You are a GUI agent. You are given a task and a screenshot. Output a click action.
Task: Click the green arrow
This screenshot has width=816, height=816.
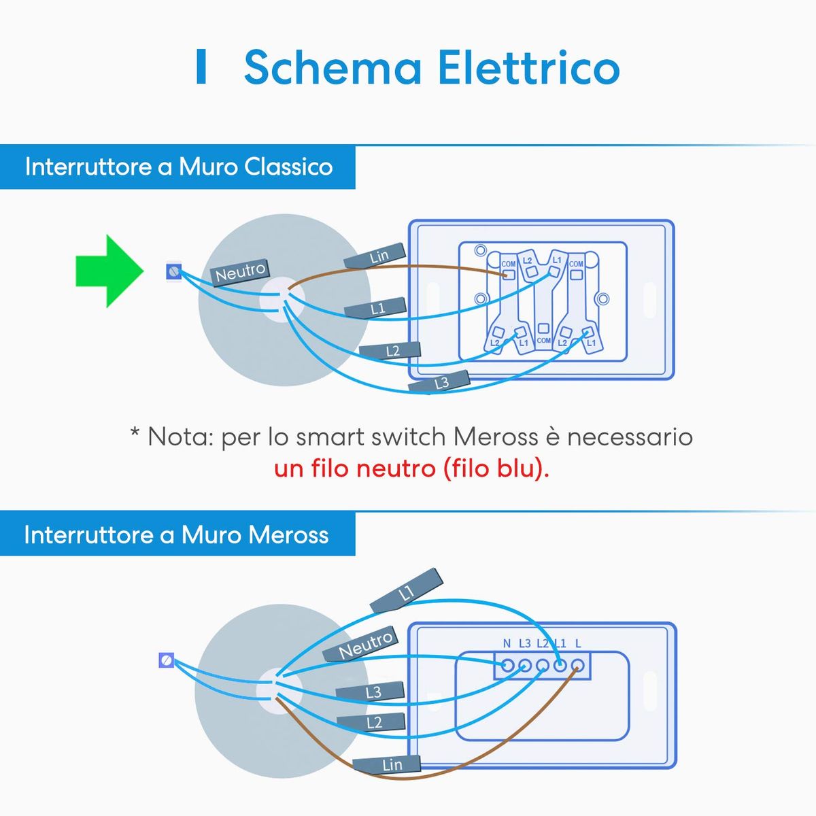109,271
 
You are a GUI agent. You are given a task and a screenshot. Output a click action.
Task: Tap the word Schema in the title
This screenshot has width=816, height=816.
333,68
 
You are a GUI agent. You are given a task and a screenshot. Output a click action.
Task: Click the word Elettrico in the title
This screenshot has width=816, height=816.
528,68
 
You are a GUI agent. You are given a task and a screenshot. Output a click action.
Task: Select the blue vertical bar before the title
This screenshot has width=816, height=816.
201,67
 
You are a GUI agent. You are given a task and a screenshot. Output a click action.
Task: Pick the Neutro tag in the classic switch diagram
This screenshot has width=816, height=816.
241,272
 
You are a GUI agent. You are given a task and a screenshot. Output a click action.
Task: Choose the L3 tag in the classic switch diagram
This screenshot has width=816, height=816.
441,383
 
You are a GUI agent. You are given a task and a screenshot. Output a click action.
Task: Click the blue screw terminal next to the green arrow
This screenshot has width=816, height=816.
175,272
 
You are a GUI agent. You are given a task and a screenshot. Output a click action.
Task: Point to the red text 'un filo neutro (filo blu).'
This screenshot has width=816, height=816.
411,469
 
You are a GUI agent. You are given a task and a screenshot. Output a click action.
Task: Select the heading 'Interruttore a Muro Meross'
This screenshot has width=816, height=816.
176,534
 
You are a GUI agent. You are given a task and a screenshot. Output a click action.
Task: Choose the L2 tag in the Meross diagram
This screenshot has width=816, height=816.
373,722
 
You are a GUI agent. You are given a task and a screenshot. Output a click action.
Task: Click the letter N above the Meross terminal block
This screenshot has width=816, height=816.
507,643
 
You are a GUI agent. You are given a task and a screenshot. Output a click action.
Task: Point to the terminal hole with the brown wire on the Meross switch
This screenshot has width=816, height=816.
577,666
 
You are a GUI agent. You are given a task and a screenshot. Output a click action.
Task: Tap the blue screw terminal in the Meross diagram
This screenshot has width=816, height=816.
166,660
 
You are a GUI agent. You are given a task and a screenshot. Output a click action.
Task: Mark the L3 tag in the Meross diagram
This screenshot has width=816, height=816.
373,693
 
